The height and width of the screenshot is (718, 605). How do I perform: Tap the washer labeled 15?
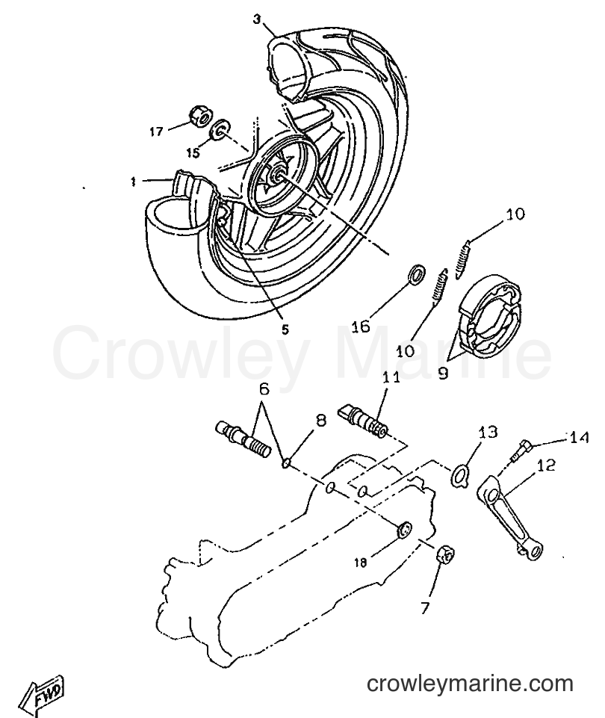point(221,129)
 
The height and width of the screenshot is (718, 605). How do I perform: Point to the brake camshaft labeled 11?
point(364,418)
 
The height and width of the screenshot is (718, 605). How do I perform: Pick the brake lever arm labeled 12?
point(510,516)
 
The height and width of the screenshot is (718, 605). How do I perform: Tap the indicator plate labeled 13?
point(459,475)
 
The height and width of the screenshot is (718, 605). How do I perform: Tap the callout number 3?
point(257,19)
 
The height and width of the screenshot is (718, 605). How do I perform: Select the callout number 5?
point(285,329)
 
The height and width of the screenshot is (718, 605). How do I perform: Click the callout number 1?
point(133,182)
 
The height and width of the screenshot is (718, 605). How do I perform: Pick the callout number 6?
point(264,390)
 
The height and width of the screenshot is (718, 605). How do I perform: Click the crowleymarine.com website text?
point(470,684)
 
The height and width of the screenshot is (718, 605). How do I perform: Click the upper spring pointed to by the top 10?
point(463,259)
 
